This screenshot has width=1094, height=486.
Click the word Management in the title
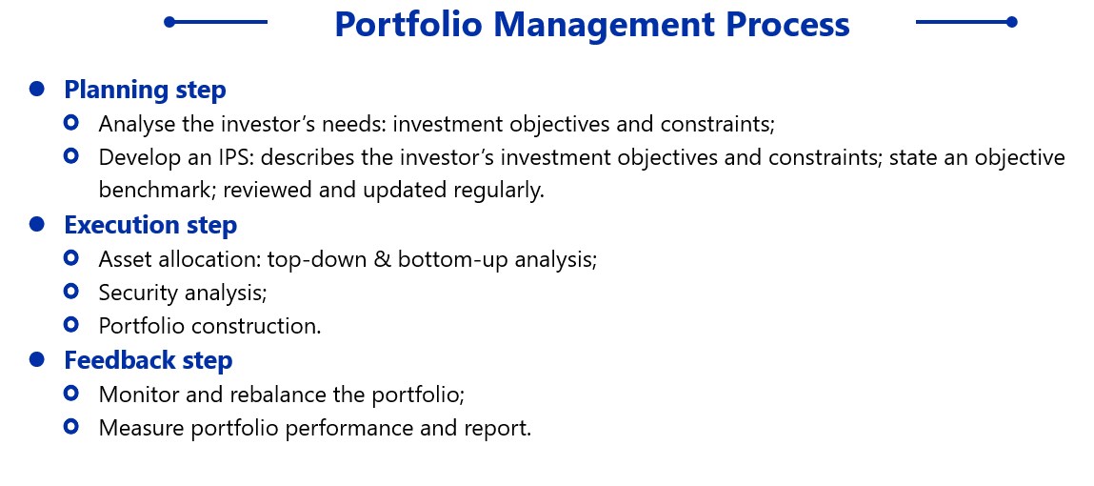coord(605,25)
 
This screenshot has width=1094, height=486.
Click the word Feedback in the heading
coord(120,359)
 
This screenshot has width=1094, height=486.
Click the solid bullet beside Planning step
coord(37,89)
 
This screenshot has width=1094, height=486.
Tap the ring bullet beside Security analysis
coord(70,291)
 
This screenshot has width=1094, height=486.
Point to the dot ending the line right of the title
coord(1012,22)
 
